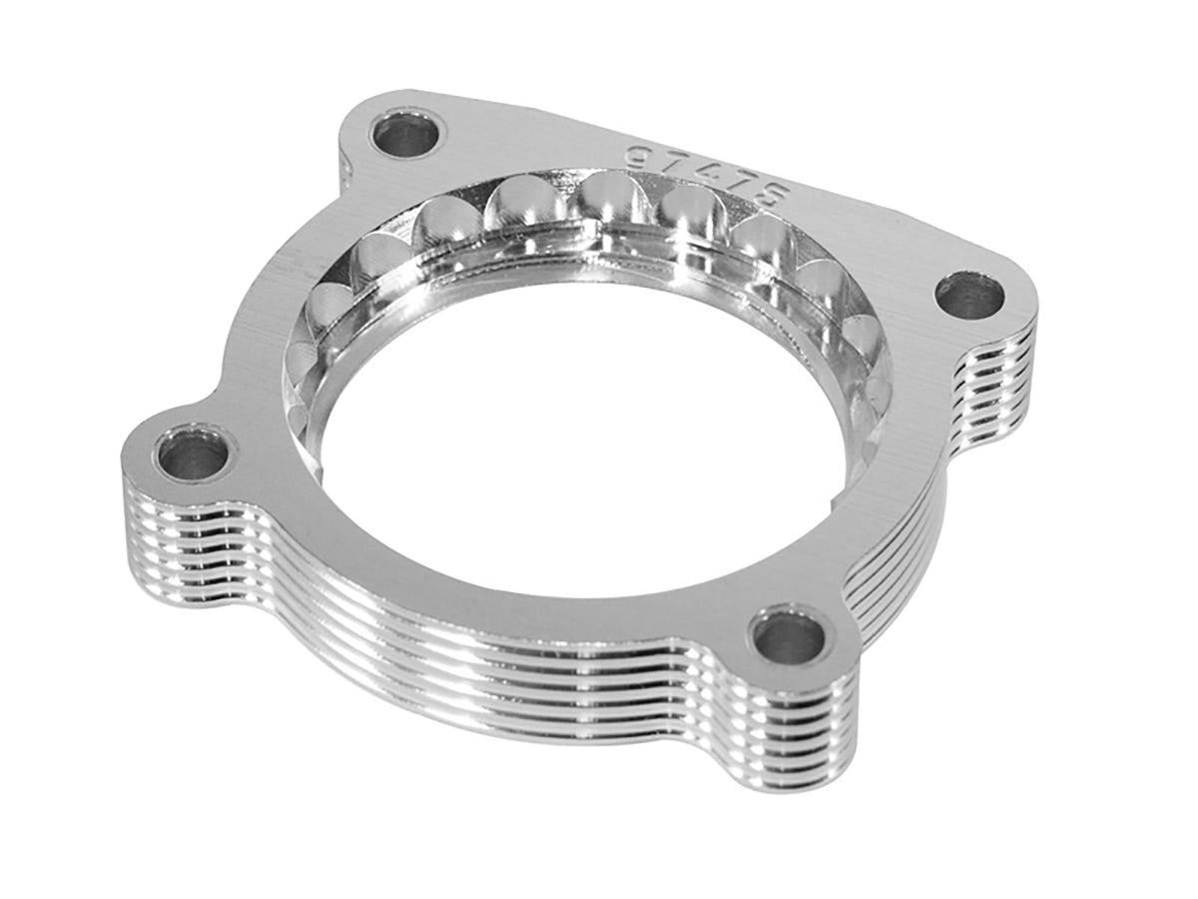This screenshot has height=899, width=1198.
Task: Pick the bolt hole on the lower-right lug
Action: pos(789,638)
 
